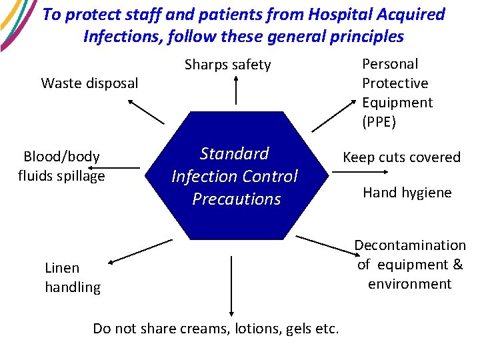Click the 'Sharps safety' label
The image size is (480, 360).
click(x=227, y=65)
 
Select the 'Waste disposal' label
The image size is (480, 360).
click(x=89, y=83)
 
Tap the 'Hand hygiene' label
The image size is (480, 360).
click(x=407, y=193)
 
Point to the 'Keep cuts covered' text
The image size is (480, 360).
click(x=401, y=157)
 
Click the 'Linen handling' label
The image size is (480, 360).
click(x=72, y=277)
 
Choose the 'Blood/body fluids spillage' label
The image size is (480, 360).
click(x=61, y=166)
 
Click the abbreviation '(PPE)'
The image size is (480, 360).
click(x=379, y=122)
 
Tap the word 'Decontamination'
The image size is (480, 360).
click(x=409, y=245)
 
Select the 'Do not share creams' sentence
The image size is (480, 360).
click(x=216, y=328)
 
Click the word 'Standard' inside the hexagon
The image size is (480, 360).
click(x=234, y=153)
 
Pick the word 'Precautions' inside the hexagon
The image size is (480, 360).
click(x=236, y=199)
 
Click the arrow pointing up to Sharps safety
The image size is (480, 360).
click(x=236, y=90)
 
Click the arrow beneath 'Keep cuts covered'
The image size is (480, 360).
click(x=360, y=171)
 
